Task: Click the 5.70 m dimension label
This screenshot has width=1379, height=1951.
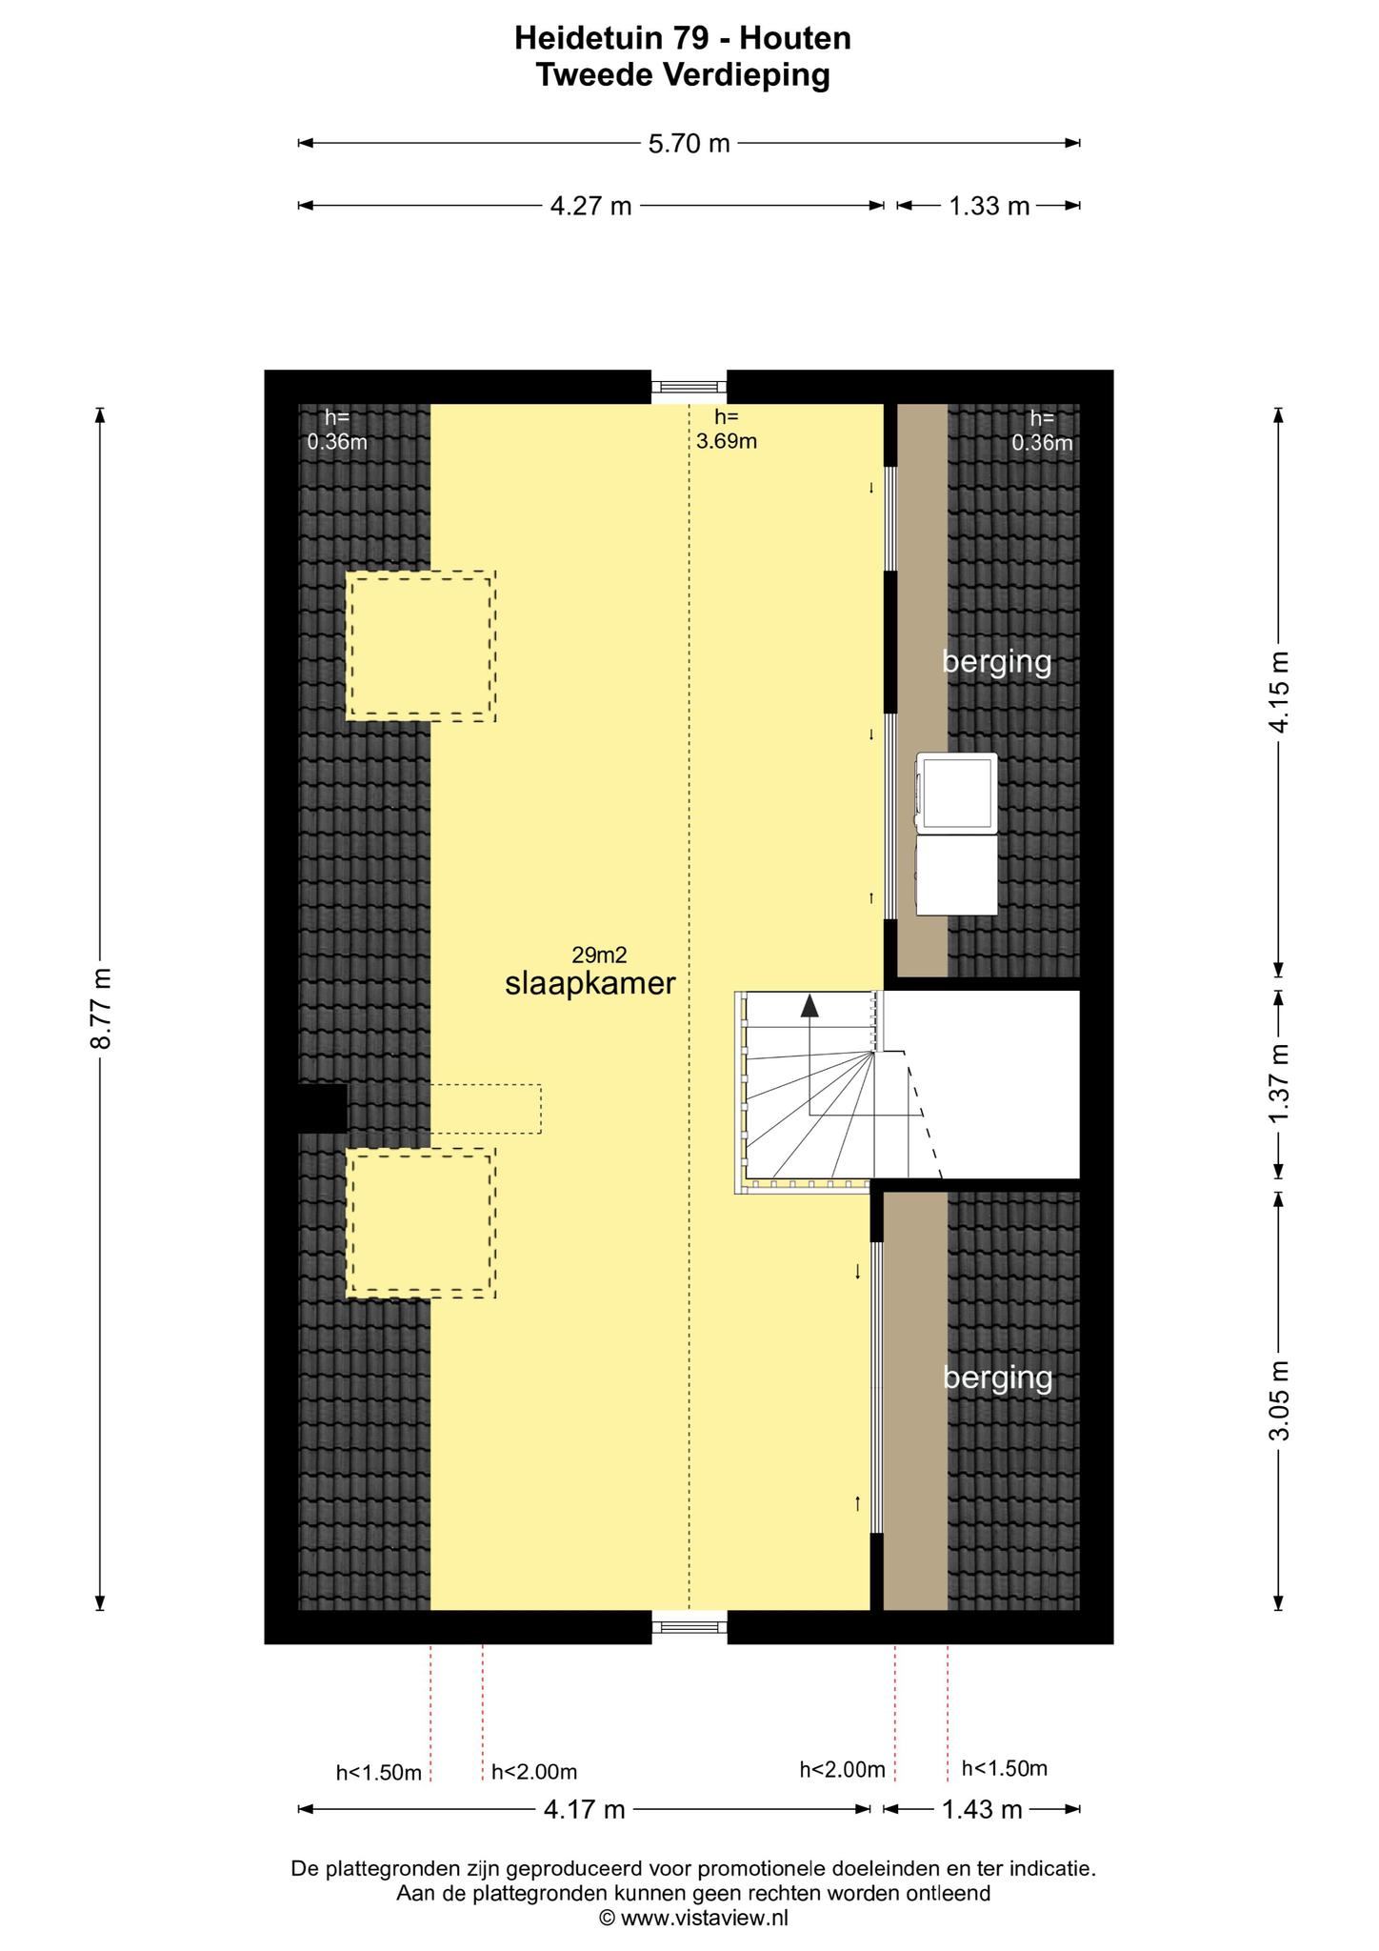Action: pyautogui.click(x=689, y=144)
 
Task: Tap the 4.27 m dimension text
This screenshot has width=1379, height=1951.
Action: pyautogui.click(x=591, y=206)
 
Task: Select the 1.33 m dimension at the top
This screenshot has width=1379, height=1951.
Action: pyautogui.click(x=989, y=206)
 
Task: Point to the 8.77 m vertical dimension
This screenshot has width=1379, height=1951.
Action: pyautogui.click(x=101, y=1009)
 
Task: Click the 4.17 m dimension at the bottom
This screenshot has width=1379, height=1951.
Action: pyautogui.click(x=584, y=1809)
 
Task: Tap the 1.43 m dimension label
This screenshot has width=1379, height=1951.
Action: pyautogui.click(x=982, y=1809)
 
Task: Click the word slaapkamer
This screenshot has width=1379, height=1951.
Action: pyautogui.click(x=590, y=984)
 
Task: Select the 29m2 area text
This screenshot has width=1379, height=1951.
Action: pyautogui.click(x=600, y=955)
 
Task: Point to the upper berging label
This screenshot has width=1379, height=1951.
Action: pyautogui.click(x=997, y=661)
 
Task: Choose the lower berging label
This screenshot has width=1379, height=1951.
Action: pyautogui.click(x=998, y=1378)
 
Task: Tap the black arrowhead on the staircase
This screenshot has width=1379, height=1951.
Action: pyautogui.click(x=809, y=1004)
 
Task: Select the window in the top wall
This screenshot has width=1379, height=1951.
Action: pyautogui.click(x=689, y=387)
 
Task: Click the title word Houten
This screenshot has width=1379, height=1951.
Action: pyautogui.click(x=795, y=38)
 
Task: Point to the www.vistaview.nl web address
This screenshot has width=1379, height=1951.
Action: pyautogui.click(x=705, y=1918)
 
